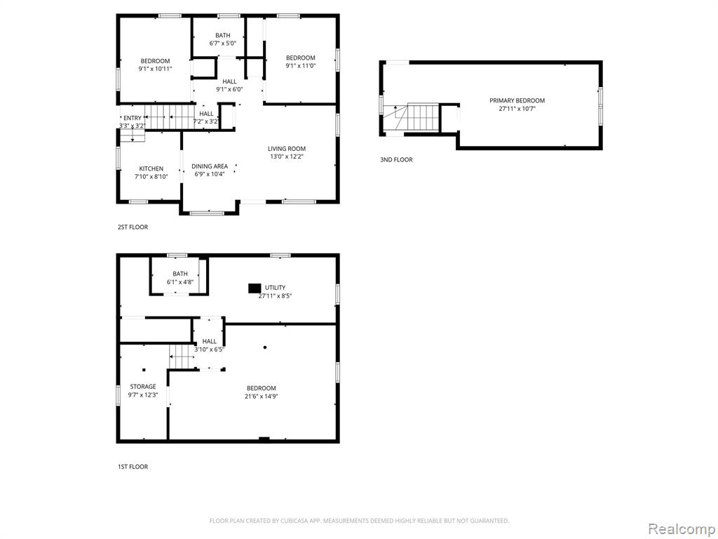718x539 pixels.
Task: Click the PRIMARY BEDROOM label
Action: point(517,101)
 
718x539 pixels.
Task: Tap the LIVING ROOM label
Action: point(287,149)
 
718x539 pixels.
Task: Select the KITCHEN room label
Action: point(151,168)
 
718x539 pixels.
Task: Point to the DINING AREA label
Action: point(209,166)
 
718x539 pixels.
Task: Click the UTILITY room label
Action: point(275,287)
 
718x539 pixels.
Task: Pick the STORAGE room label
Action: point(143,387)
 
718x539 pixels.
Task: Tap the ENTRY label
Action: point(133,118)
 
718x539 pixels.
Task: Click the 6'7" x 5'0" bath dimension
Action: point(222,43)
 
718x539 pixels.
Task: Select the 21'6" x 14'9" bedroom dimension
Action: point(261,396)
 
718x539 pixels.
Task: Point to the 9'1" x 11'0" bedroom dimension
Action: point(300,65)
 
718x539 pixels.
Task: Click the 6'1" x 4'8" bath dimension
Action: point(180,282)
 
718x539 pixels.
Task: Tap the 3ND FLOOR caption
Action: point(396,159)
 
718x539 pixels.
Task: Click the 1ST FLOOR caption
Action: point(133,467)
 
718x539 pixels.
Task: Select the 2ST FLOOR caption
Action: point(133,227)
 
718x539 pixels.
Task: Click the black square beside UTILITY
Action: point(255,288)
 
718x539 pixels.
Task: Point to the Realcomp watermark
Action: point(682,528)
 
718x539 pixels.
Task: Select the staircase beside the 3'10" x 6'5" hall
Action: point(183,356)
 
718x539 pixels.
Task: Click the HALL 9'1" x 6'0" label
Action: point(229,85)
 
